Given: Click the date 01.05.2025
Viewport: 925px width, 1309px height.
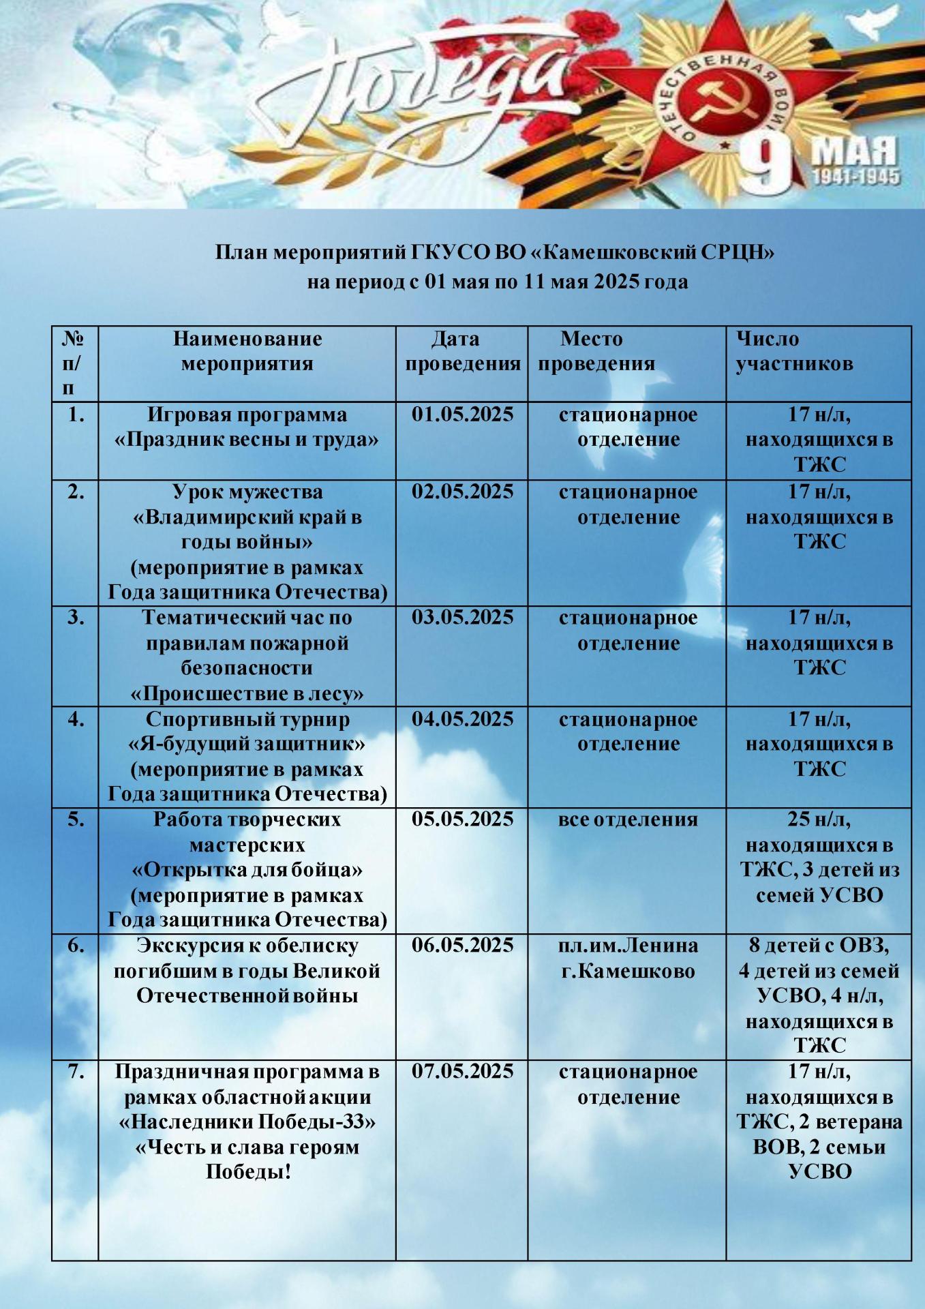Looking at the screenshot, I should point(462,415).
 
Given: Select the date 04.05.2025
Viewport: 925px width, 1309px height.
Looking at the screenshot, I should point(462,719).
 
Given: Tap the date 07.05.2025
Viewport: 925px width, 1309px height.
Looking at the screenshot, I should point(462,1071).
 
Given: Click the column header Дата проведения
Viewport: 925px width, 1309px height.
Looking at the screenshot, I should point(462,351).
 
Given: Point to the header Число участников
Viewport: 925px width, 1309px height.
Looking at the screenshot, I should point(793,351).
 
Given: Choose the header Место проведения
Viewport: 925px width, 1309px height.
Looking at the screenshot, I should point(595,351).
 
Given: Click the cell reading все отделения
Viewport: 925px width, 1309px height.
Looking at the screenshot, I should point(627,819).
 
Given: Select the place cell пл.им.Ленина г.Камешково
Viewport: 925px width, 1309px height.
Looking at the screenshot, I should point(627,958).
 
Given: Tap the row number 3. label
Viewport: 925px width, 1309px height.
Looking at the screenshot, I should point(76,618).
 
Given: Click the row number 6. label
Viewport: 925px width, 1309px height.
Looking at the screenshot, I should point(76,946).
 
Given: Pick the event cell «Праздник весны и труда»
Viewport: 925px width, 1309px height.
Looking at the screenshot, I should point(247,440).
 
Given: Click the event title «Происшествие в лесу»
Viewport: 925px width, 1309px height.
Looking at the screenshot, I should point(247,694).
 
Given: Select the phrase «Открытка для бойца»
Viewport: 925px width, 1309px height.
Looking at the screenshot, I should point(247,870).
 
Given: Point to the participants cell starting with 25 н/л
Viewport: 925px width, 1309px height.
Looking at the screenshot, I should point(819,857).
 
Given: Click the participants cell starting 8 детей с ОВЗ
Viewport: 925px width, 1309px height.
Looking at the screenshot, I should point(819,995).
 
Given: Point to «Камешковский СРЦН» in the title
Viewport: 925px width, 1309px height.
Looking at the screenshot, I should point(652,253).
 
